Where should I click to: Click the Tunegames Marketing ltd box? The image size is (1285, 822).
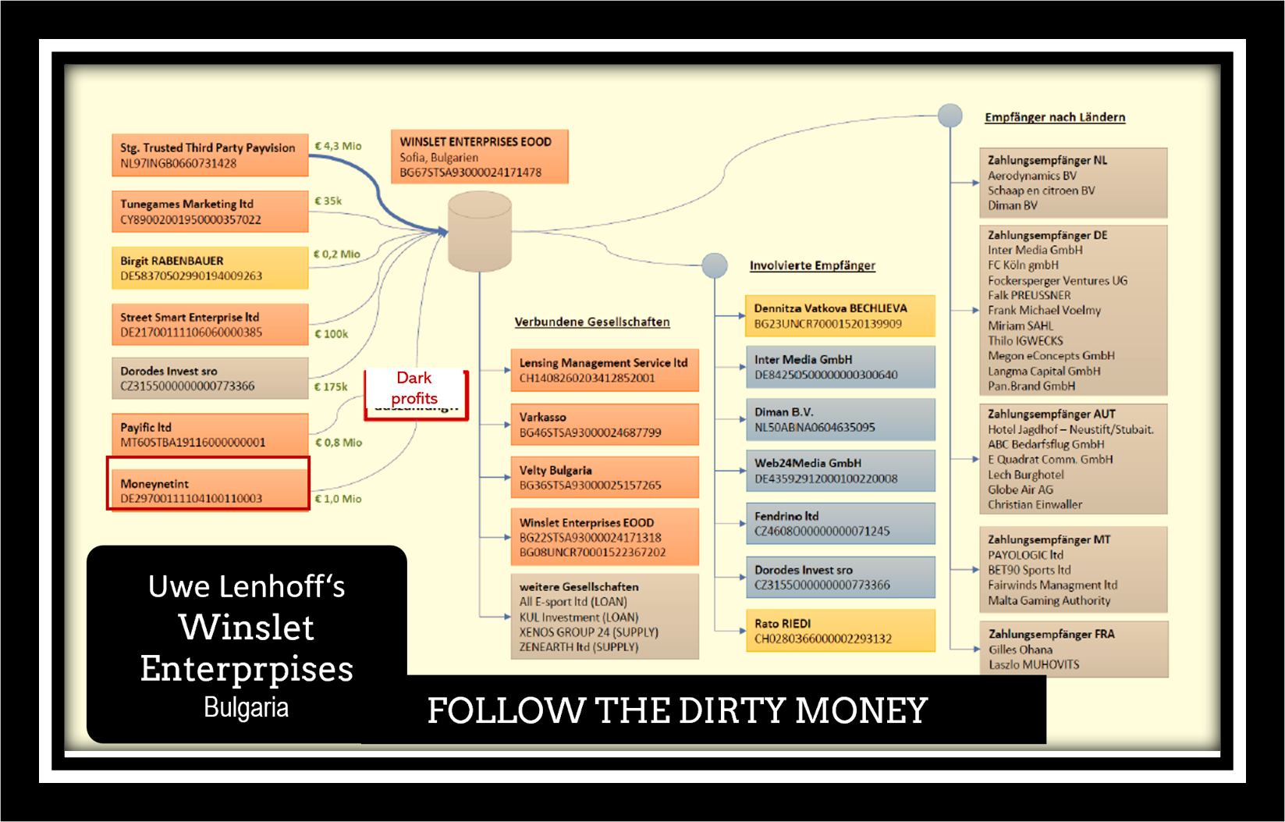point(210,212)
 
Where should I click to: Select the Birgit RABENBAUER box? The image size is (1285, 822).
point(210,268)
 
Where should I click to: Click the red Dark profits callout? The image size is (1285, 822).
point(415,389)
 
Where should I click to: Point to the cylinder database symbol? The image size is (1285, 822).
point(479,232)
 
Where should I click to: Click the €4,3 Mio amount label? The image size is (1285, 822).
point(338,146)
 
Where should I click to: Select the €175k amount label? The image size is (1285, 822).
point(331,386)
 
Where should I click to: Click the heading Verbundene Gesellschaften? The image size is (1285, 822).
point(592,322)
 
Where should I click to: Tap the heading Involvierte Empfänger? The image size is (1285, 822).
point(812,265)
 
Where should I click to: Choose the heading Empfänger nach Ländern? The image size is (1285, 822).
point(1055,117)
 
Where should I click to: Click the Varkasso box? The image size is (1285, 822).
point(605,425)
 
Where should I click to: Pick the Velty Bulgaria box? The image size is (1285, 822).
point(605,478)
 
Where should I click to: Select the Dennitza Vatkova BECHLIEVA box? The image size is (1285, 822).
point(840,316)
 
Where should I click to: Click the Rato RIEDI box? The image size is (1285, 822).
point(840,631)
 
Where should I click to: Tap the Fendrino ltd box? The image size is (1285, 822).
point(840,524)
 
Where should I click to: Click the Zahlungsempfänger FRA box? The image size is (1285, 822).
point(1074,649)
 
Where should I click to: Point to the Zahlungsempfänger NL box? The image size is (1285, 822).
point(1074,183)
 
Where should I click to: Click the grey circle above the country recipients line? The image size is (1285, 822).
point(950,116)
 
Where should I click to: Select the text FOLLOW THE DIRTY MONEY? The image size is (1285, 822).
point(677,710)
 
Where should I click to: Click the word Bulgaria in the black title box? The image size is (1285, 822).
point(246,707)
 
